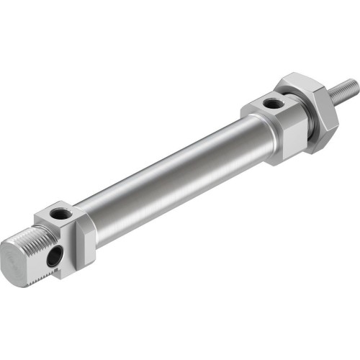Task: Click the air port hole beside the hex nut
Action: pos(272,105)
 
